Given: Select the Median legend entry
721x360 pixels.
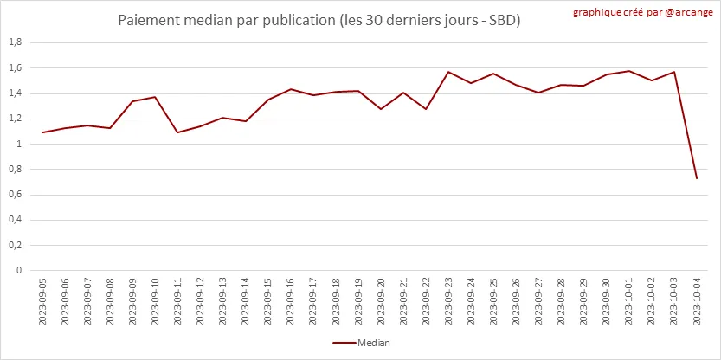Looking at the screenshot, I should coord(362,343).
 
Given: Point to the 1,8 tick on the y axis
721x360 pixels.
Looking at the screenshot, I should coord(15,42).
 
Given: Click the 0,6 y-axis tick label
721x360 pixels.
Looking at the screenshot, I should coord(15,195).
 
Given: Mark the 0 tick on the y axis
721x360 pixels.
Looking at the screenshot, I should coord(18,270).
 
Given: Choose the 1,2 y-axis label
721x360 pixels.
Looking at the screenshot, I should coord(15,119).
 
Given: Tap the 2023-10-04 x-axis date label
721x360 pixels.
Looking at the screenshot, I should coord(697,302).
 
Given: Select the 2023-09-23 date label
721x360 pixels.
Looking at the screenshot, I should coord(449,302).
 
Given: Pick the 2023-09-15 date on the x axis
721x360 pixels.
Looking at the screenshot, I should coord(268,302).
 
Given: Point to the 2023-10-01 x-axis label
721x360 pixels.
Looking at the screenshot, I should coord(629,302).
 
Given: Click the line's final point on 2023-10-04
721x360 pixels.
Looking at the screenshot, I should coord(697,178).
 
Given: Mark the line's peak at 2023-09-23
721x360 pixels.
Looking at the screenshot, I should coord(449,72).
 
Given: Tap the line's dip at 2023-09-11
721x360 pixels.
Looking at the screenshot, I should coord(178,132).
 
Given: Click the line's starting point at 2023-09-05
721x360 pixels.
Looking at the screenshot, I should coord(42,132).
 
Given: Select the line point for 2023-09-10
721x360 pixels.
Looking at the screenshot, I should coord(156,97).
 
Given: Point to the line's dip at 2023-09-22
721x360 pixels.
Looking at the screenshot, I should coord(426,109).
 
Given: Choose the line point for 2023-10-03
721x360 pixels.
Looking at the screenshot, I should coord(674,72).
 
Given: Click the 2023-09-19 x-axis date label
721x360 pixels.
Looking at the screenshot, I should coord(358,302).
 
